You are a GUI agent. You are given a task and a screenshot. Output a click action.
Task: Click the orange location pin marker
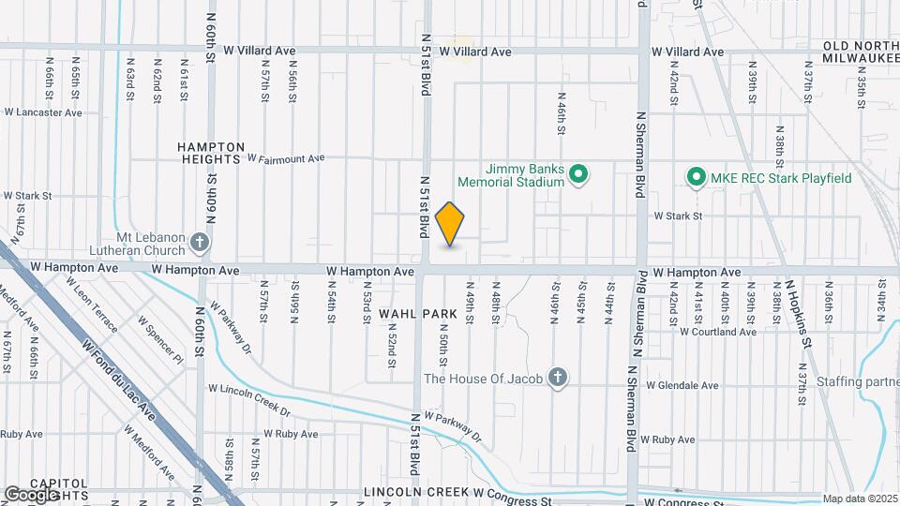click(x=450, y=224)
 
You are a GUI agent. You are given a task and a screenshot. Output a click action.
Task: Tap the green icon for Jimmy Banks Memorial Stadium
click(x=579, y=174)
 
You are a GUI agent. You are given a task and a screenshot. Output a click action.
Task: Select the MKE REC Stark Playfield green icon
click(x=696, y=176)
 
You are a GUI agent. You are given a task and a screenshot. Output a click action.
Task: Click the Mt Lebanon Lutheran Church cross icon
click(x=199, y=244)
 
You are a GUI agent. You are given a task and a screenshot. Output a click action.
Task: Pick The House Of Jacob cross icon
click(x=558, y=378)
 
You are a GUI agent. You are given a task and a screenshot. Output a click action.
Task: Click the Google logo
click(x=31, y=494)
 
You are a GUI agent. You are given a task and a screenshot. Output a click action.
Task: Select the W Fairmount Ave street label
click(x=285, y=159)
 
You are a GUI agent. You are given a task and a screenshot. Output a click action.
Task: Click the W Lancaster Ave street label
click(x=42, y=112)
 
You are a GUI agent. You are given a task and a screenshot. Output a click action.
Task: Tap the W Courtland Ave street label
click(x=718, y=331)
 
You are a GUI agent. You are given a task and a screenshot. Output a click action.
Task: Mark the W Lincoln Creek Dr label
click(x=249, y=400)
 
